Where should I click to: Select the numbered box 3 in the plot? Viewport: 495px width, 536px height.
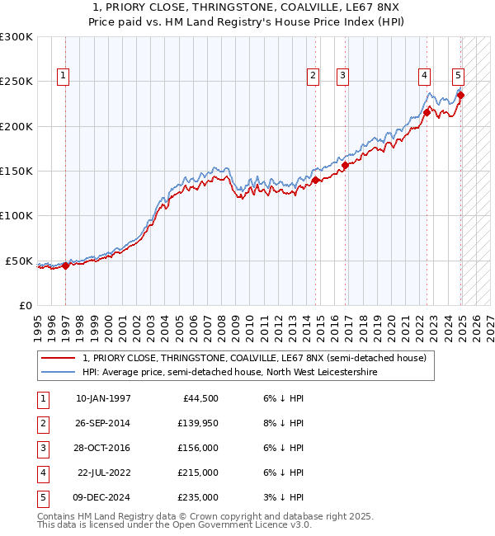coord(342,76)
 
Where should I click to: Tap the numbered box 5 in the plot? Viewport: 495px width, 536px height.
coord(458,76)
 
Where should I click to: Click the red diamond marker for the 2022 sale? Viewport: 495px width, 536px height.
coord(427,112)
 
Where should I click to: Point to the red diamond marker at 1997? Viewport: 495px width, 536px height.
coord(65,265)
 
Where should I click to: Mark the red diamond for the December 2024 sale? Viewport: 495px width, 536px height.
coord(461,95)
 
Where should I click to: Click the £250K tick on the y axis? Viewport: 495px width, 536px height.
coord(16,82)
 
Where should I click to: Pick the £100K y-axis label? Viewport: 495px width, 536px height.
coord(16,216)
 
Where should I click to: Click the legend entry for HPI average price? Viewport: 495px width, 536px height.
coord(229,372)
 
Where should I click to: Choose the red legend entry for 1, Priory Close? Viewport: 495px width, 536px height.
coord(254,358)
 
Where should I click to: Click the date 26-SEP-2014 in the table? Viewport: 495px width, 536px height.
coord(102,423)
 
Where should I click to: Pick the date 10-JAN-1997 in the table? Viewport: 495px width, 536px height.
coord(103,398)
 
